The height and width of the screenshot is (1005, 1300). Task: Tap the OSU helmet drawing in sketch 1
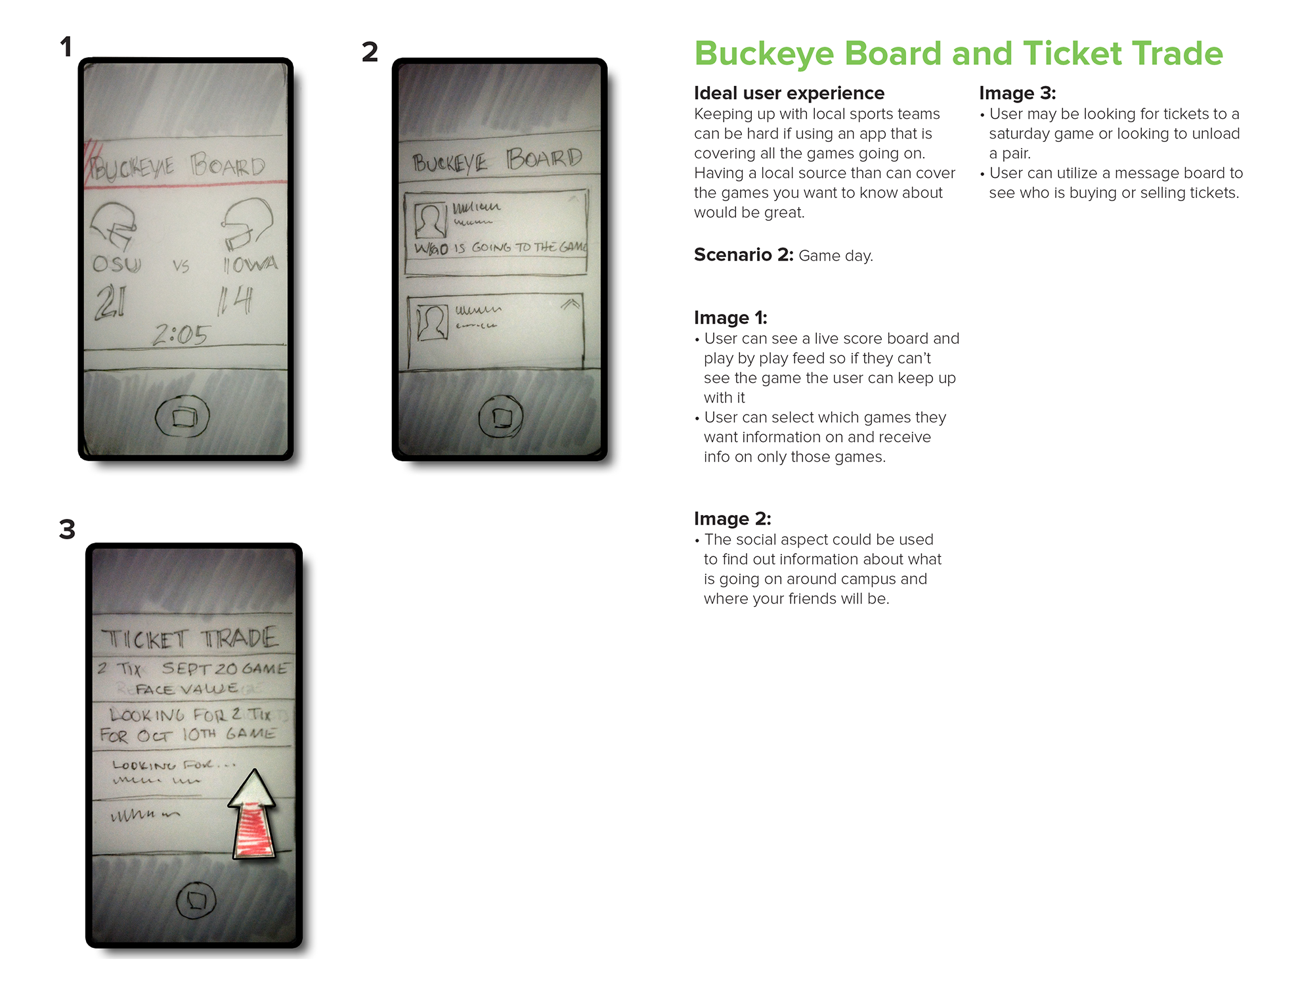point(114,225)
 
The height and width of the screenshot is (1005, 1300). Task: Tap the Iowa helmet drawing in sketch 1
point(246,223)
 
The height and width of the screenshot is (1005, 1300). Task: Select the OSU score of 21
point(110,303)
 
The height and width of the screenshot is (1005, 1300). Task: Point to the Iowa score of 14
point(235,300)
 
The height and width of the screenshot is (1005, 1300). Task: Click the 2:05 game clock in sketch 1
point(181,335)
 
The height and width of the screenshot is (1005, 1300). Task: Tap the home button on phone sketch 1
point(183,416)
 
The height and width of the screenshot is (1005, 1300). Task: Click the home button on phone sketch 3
point(196,900)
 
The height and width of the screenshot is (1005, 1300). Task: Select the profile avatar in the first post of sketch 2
point(431,220)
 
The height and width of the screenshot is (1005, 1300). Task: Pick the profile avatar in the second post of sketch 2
point(432,323)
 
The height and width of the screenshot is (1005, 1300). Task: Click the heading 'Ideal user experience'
point(789,93)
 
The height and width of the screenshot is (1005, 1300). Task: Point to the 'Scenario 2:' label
point(743,255)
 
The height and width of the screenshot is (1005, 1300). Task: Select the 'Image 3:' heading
point(1017,93)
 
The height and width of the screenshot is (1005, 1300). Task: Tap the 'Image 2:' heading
point(732,519)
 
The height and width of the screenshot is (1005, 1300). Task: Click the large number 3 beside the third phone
point(67,529)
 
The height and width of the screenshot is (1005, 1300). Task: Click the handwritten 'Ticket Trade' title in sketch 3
point(190,638)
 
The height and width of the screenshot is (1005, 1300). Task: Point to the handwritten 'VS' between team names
point(181,265)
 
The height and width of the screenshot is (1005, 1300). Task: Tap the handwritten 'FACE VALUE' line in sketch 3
point(186,689)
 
